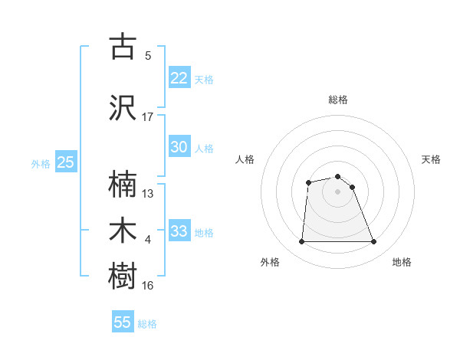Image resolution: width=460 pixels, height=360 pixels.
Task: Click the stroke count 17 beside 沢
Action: tap(148, 117)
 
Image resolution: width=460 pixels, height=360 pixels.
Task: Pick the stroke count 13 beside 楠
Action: tap(148, 193)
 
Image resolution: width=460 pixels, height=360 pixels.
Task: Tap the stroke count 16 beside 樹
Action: tap(148, 286)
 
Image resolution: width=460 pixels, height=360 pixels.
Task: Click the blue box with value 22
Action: tap(179, 78)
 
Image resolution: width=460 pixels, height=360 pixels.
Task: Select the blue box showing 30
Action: tap(179, 147)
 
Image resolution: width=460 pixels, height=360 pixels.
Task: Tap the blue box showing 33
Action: tap(179, 231)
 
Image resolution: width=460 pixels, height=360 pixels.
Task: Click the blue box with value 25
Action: tap(66, 162)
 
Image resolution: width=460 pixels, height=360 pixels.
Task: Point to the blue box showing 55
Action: tap(123, 322)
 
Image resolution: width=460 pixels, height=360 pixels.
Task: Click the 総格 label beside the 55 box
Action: tap(147, 324)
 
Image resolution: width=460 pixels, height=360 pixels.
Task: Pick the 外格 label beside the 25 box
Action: tap(41, 164)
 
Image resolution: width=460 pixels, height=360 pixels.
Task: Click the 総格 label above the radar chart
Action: tap(337, 100)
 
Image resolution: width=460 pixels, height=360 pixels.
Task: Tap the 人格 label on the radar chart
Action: tap(245, 159)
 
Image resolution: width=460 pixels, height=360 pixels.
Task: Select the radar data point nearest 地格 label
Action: tap(373, 242)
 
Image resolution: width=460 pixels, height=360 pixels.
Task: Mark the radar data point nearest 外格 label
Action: tap(301, 242)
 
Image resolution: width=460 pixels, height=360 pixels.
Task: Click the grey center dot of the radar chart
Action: tap(337, 191)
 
